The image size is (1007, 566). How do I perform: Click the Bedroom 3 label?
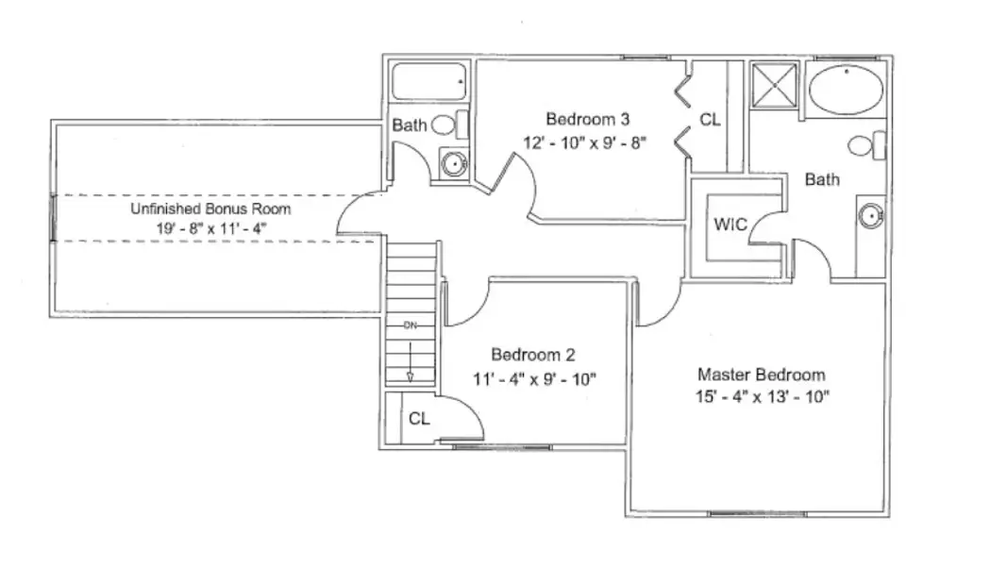pyautogui.click(x=587, y=119)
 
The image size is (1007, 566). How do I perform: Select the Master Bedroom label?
pyautogui.click(x=761, y=375)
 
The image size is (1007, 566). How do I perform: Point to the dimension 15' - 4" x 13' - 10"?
pyautogui.click(x=761, y=397)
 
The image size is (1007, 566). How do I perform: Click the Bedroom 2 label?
pyautogui.click(x=533, y=355)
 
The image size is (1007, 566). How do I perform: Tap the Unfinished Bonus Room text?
pyautogui.click(x=210, y=208)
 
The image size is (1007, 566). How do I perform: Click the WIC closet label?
pyautogui.click(x=730, y=225)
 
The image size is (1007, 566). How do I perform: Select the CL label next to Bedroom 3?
pyautogui.click(x=710, y=120)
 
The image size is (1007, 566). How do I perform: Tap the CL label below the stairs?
pyautogui.click(x=420, y=419)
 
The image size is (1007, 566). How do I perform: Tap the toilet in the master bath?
pyautogui.click(x=865, y=145)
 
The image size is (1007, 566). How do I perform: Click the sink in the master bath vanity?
pyautogui.click(x=869, y=216)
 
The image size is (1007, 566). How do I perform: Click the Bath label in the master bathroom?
pyautogui.click(x=822, y=179)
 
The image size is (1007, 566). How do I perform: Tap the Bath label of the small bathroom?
pyautogui.click(x=410, y=125)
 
